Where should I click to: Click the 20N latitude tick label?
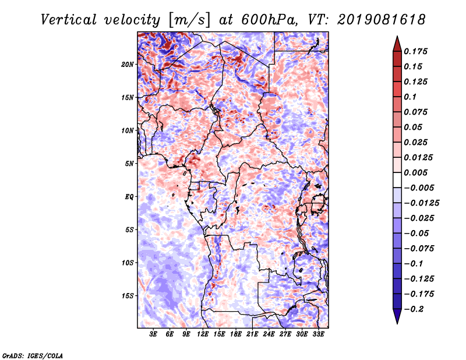[x=128, y=65]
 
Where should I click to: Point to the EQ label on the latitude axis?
[x=129, y=197]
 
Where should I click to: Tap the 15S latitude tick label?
[x=128, y=296]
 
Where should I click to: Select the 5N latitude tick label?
[x=129, y=164]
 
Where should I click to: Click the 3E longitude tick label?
[x=153, y=334]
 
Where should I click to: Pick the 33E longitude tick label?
[x=318, y=334]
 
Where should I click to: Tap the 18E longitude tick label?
[x=236, y=334]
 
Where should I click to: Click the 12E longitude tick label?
[x=203, y=334]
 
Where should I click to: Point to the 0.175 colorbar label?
[x=416, y=51]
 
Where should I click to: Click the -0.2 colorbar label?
[x=414, y=309]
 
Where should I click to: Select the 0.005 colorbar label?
[x=416, y=172]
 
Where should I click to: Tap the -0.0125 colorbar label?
[x=422, y=203]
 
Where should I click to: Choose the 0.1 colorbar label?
[x=410, y=97]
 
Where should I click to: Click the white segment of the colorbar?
[x=397, y=180]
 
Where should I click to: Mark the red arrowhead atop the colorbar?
[x=397, y=44]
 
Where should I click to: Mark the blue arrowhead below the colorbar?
[x=397, y=316]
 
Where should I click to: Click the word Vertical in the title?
[x=69, y=20]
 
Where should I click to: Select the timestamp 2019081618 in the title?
[x=382, y=20]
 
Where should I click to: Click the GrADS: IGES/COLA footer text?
[x=33, y=355]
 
